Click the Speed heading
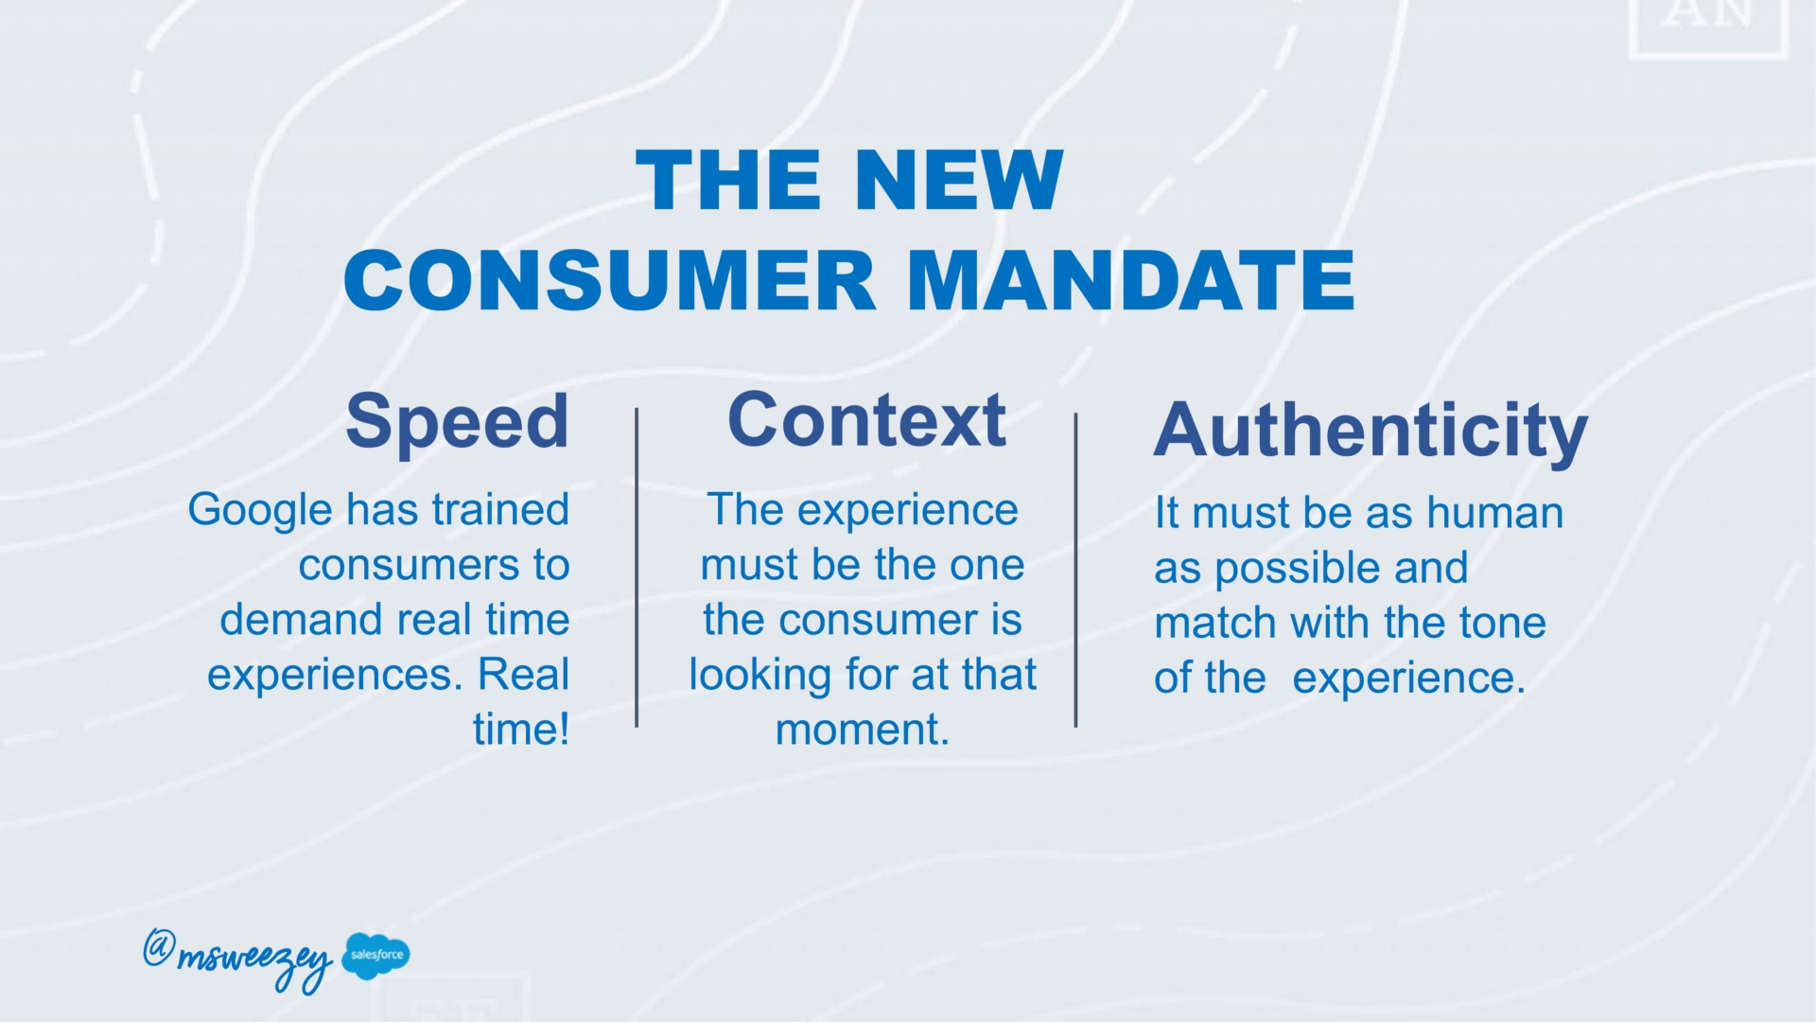click(458, 421)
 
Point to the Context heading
click(866, 419)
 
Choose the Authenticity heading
click(1370, 432)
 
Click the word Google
click(260, 512)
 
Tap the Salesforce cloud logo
click(375, 955)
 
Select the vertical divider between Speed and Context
click(637, 568)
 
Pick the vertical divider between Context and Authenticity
click(1075, 570)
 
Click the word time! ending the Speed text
click(521, 730)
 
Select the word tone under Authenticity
click(1503, 624)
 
